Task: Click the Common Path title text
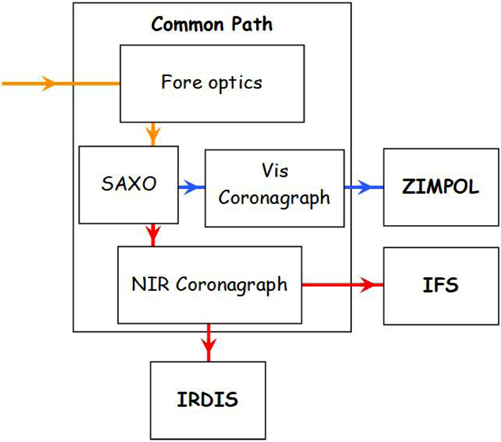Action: pos(212,24)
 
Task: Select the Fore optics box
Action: pos(212,83)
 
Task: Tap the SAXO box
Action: pos(129,184)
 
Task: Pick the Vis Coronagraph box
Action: pos(274,188)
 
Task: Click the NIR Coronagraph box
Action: pos(210,285)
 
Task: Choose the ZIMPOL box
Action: pos(441,187)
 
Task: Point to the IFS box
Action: pos(441,286)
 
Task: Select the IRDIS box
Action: pos(207,400)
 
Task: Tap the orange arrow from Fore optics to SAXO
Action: pos(153,134)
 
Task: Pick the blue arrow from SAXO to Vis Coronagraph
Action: pos(191,188)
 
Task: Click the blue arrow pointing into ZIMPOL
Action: pos(363,188)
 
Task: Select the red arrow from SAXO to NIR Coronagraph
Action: pos(153,235)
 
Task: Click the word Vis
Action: pos(275,171)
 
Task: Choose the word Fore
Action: pos(182,82)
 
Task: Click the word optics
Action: pos(235,83)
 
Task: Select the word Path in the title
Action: pos(252,24)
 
